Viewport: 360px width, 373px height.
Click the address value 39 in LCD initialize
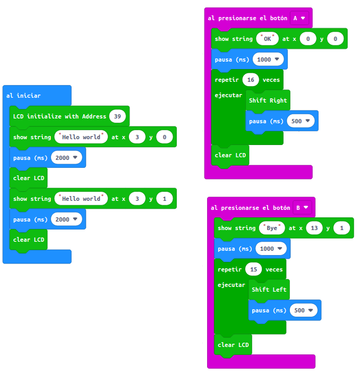(x=117, y=116)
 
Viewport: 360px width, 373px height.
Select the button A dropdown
(x=299, y=18)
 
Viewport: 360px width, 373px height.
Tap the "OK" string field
(x=268, y=39)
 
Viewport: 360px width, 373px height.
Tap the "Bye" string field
(x=272, y=228)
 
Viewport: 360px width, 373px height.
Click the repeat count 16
(x=250, y=80)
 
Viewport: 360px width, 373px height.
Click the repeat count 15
(x=253, y=269)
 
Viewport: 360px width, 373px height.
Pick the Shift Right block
(x=268, y=100)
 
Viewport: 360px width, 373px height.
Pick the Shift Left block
(x=269, y=290)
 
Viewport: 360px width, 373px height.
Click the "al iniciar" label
(x=23, y=96)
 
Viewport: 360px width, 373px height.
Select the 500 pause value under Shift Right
(x=300, y=121)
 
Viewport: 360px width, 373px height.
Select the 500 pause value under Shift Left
(x=303, y=310)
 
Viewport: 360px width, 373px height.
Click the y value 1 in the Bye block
(x=341, y=228)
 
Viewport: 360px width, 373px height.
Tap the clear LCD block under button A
(x=230, y=155)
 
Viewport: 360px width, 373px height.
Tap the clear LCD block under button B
(x=233, y=345)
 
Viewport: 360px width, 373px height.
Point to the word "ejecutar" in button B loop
(x=232, y=285)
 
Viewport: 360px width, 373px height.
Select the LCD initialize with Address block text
(x=59, y=116)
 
